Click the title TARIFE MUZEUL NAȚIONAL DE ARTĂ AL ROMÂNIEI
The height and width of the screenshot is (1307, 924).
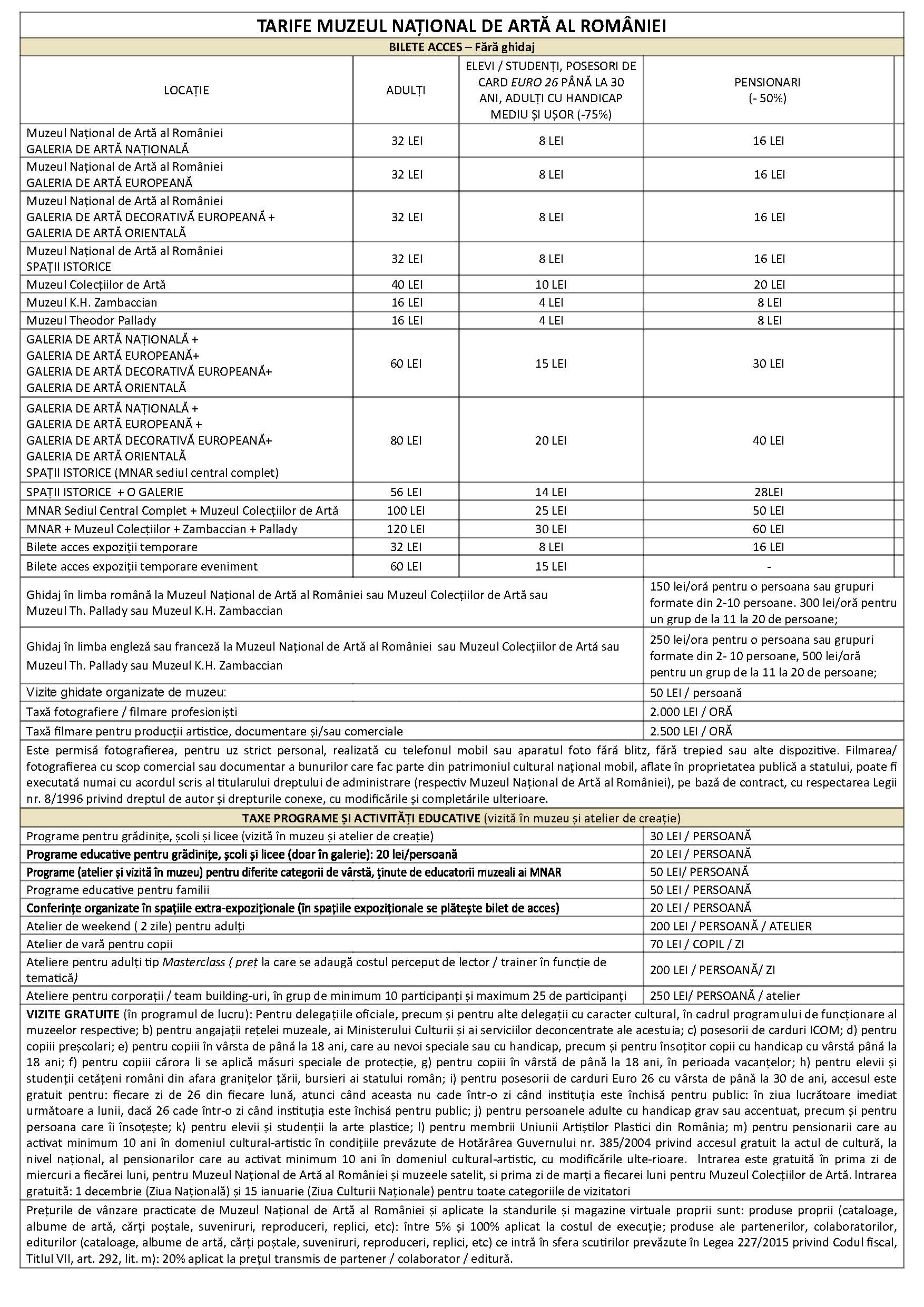461,26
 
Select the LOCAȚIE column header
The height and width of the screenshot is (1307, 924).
186,90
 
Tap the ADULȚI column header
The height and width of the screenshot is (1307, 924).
406,90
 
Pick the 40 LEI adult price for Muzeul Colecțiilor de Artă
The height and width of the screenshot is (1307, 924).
407,284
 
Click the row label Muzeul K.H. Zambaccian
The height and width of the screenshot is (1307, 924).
92,302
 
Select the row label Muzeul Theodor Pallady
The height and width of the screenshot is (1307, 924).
91,320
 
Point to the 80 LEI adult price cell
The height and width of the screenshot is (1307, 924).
406,440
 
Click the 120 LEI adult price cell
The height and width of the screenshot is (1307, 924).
405,529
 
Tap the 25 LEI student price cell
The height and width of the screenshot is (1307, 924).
551,510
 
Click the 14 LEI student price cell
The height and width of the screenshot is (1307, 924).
551,493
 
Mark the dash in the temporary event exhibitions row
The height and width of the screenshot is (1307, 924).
769,567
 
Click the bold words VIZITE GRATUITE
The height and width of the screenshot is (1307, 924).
73,1015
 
